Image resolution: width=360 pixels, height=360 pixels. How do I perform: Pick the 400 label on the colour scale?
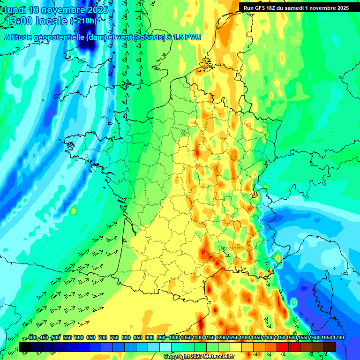coord(32,337)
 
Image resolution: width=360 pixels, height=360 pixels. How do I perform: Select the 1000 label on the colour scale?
coord(174,337)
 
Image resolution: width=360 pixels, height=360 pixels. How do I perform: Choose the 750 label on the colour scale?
coord(114,337)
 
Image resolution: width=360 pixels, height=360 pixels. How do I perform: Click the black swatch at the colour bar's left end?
coord(24,347)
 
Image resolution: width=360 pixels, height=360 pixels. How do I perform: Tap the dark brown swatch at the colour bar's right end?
coord(330,347)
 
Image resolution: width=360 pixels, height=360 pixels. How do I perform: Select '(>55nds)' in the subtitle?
coord(148,37)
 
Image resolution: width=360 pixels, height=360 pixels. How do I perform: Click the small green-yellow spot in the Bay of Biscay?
coord(73,211)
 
